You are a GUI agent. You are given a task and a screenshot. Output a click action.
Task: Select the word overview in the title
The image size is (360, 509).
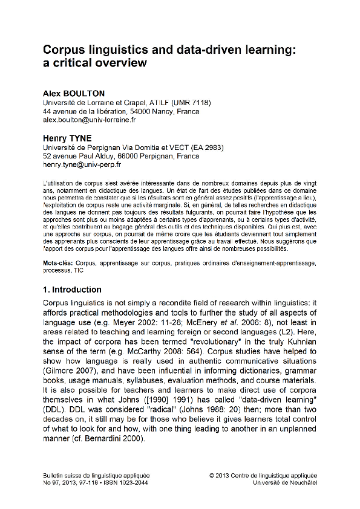coord(121,62)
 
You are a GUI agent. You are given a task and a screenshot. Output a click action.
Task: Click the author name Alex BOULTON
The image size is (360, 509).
coord(73,94)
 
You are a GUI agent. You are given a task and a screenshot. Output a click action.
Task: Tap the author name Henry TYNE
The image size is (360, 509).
coord(67,138)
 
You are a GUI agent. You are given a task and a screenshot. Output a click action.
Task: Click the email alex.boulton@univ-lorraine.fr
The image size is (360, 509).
coord(90,120)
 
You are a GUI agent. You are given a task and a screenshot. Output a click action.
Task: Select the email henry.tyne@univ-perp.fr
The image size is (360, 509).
coord(82,164)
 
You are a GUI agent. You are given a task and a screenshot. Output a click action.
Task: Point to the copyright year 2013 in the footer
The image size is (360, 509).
coord(224,475)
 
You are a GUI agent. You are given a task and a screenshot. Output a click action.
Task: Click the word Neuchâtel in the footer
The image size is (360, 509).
coord(301,482)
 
